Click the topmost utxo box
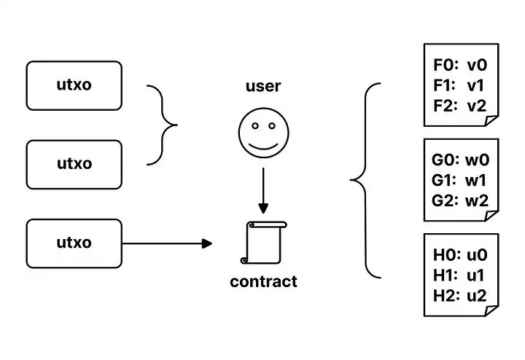(74, 85)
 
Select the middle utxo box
(74, 164)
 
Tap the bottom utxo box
(74, 243)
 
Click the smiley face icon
(263, 133)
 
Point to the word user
(263, 87)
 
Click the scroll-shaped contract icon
(263, 243)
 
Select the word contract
(263, 281)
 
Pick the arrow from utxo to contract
(168, 243)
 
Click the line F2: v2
(459, 106)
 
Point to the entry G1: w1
(459, 181)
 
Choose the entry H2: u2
(459, 295)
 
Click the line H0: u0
(459, 256)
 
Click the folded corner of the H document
(492, 310)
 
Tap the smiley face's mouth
(263, 144)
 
